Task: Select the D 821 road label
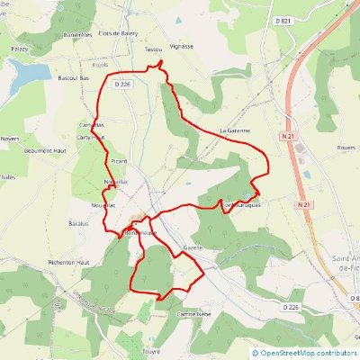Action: (335, 19)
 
